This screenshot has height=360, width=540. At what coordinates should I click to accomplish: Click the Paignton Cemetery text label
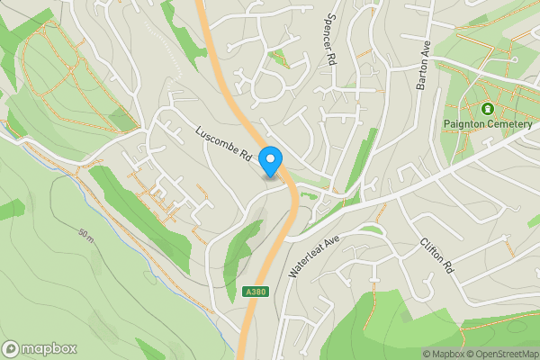(487, 125)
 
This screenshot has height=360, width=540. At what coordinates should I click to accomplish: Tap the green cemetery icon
(487, 109)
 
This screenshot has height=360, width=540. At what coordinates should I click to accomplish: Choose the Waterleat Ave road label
(314, 256)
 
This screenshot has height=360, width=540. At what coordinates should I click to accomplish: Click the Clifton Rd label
(432, 256)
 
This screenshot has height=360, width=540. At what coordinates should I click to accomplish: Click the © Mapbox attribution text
(444, 354)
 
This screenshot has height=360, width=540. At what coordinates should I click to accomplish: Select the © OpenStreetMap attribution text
(502, 354)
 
